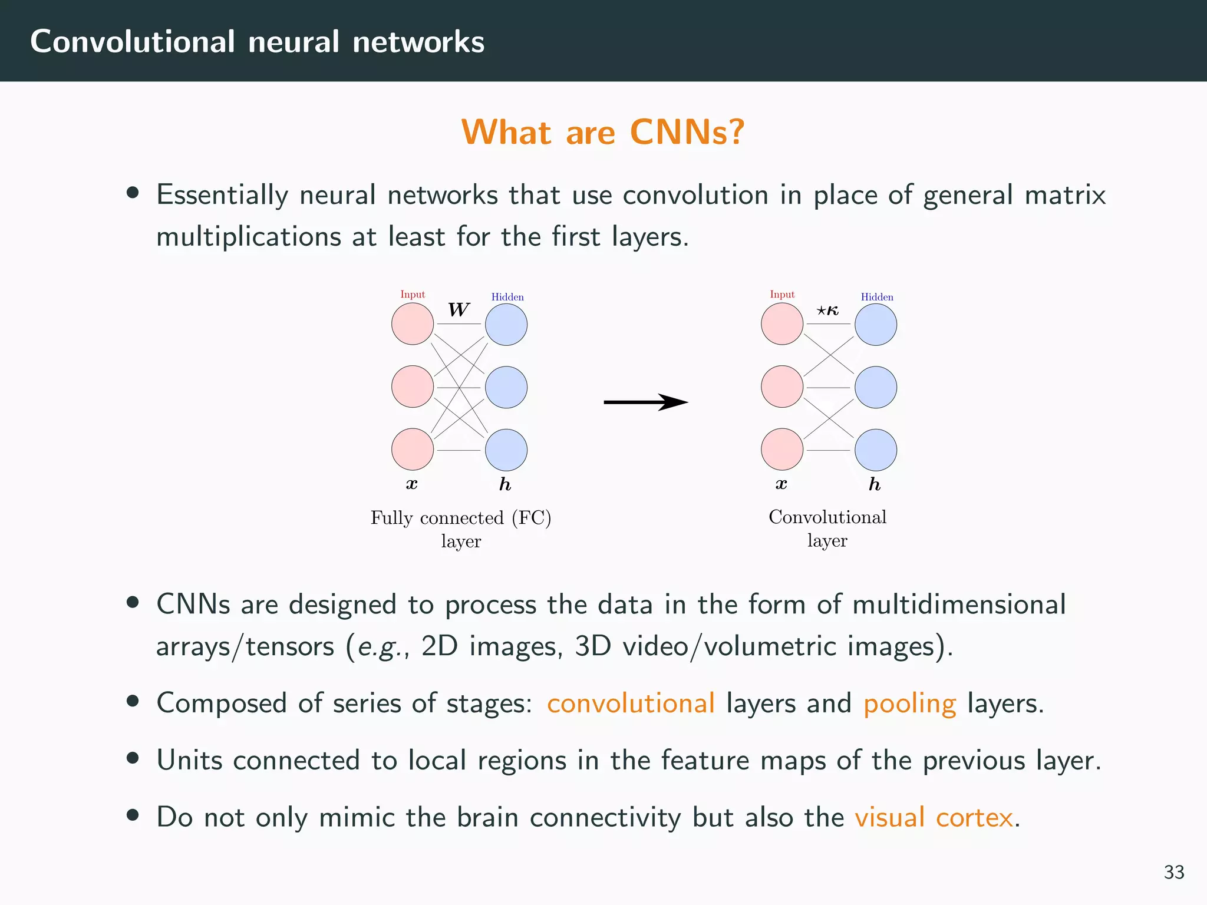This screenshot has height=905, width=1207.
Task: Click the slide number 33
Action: pos(1173,872)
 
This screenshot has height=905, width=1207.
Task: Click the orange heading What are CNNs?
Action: pos(602,132)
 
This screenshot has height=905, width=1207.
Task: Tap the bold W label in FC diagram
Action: pos(459,310)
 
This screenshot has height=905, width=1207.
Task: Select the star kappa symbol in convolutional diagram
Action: pos(827,311)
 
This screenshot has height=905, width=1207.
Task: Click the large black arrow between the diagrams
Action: pos(645,402)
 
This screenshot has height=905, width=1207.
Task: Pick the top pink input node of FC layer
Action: pos(413,324)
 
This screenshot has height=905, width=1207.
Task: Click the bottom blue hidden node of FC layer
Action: pos(506,450)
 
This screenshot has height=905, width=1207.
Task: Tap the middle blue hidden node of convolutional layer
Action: pos(876,387)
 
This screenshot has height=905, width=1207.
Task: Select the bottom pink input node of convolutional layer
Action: pos(782,450)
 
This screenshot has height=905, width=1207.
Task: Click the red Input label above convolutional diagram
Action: pos(782,295)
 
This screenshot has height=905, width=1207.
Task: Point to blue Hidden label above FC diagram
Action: pos(507,297)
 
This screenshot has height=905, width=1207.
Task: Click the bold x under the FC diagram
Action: pos(412,484)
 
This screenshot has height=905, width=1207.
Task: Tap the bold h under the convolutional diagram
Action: pos(875,484)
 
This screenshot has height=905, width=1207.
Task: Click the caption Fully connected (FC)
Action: pos(461,518)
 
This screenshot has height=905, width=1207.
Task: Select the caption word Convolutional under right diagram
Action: pos(827,517)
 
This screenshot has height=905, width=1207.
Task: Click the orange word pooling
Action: pos(909,703)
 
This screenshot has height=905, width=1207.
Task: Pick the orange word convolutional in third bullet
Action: pos(631,703)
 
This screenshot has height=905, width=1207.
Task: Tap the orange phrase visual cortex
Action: pos(934,817)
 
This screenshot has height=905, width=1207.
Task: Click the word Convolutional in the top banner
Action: pos(133,42)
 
